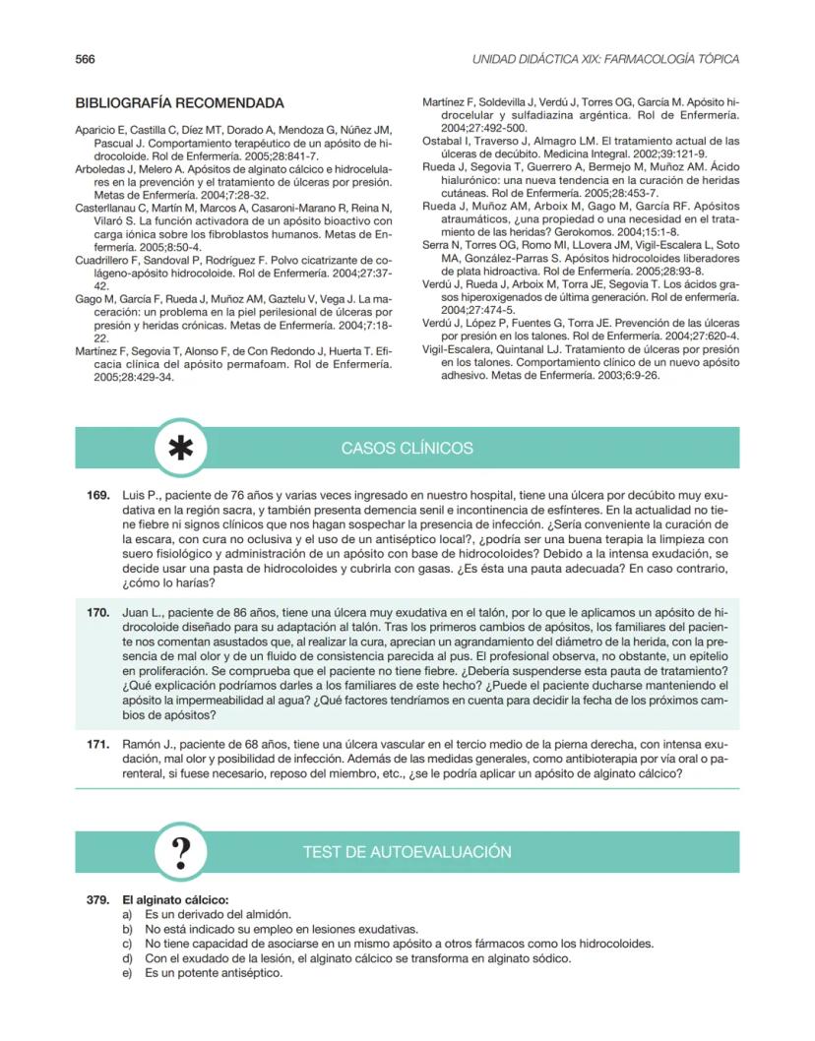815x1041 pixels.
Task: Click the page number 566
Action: tap(85, 59)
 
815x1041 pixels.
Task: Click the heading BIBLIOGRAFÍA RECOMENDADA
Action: tap(179, 103)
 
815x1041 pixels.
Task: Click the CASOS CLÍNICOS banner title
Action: tap(407, 449)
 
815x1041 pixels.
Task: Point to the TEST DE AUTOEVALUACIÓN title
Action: tap(407, 852)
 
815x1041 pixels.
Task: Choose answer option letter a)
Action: tap(126, 914)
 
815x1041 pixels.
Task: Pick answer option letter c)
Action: tap(126, 944)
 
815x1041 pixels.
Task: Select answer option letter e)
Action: tap(126, 973)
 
